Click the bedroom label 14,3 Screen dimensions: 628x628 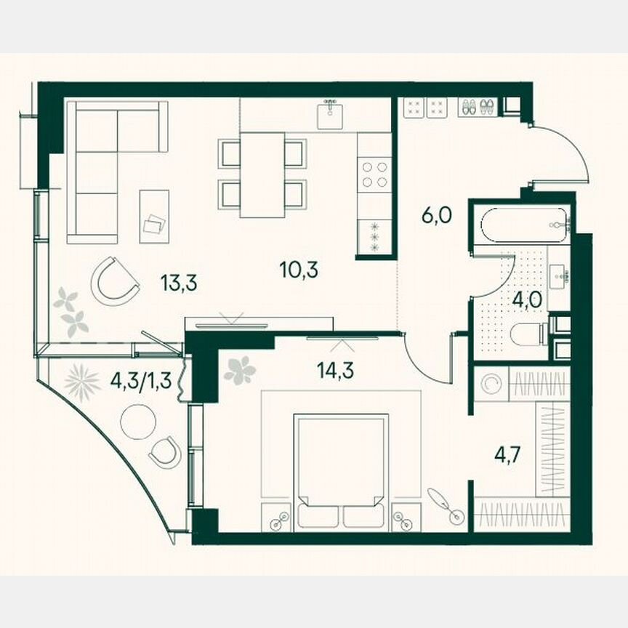[331, 370]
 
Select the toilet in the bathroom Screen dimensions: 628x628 [528, 334]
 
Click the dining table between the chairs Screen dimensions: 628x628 [262, 174]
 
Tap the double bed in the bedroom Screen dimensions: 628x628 [340, 465]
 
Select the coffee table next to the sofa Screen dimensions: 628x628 [154, 216]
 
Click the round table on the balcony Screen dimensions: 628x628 [138, 422]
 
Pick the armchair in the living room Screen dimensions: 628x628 [114, 281]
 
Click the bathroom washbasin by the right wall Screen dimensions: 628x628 [561, 274]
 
